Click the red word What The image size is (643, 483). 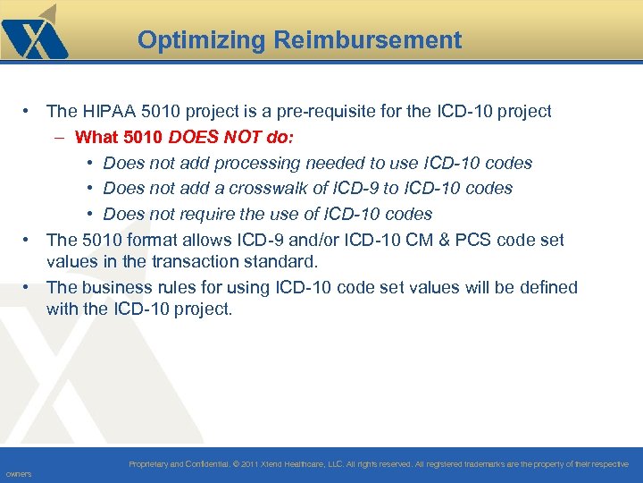point(96,138)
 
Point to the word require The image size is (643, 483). point(204,215)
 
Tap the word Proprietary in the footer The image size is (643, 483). point(151,464)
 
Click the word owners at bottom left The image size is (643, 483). point(18,474)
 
